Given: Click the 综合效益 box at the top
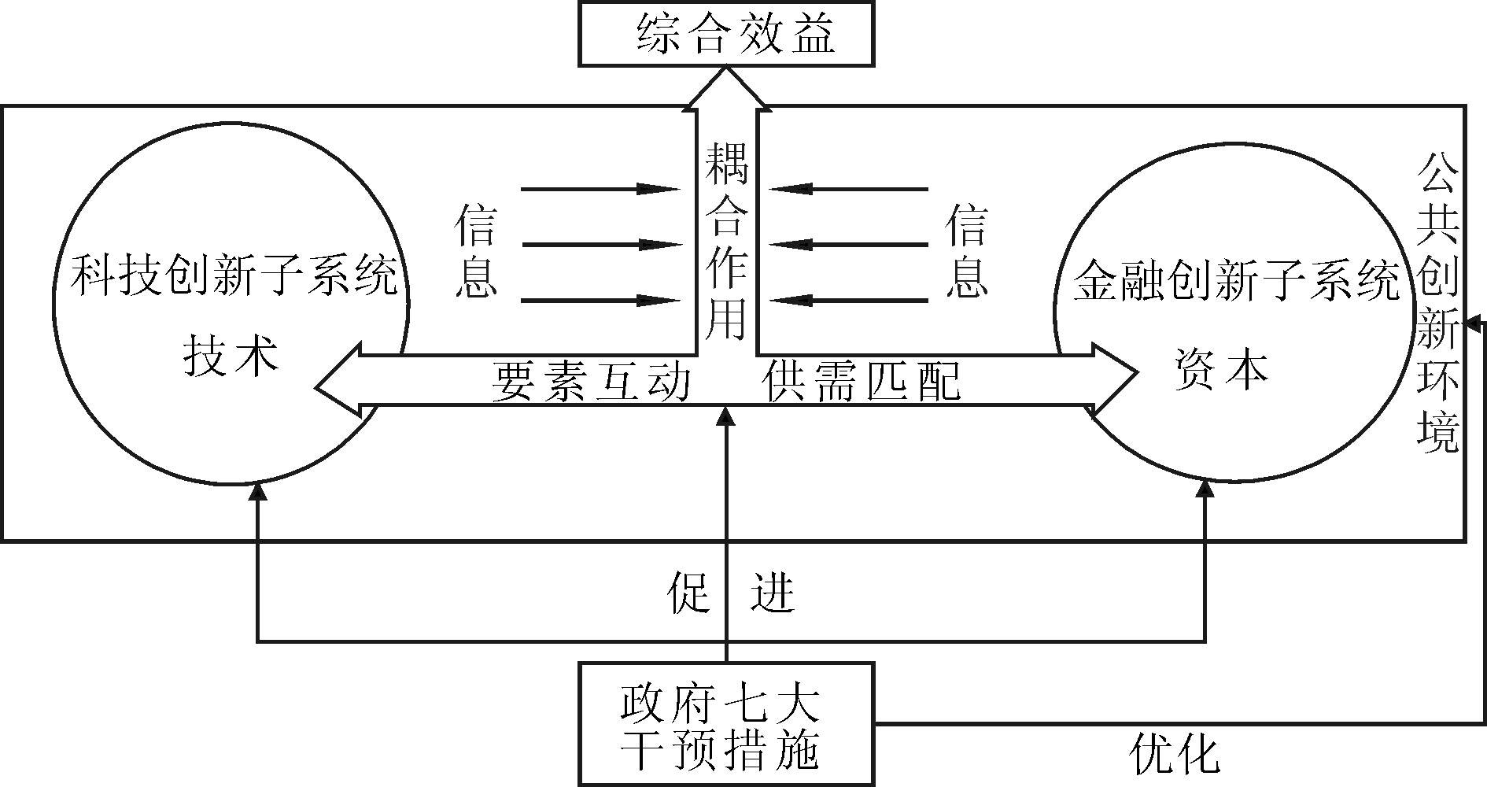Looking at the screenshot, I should (726, 34).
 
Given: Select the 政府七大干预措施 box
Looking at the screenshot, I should (726, 724).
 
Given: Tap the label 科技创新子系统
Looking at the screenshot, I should (234, 276).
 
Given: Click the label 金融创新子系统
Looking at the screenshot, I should (1236, 280).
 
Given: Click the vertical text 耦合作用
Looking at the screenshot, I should (725, 240).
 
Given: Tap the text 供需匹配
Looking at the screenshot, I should (862, 382).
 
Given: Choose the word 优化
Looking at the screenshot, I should (1174, 753).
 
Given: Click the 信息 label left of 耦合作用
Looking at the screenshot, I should (476, 251).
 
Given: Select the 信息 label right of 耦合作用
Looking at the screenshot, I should (966, 251).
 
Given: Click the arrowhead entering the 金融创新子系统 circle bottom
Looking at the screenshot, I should (1205, 489).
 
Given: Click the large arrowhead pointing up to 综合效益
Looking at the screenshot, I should (726, 87).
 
